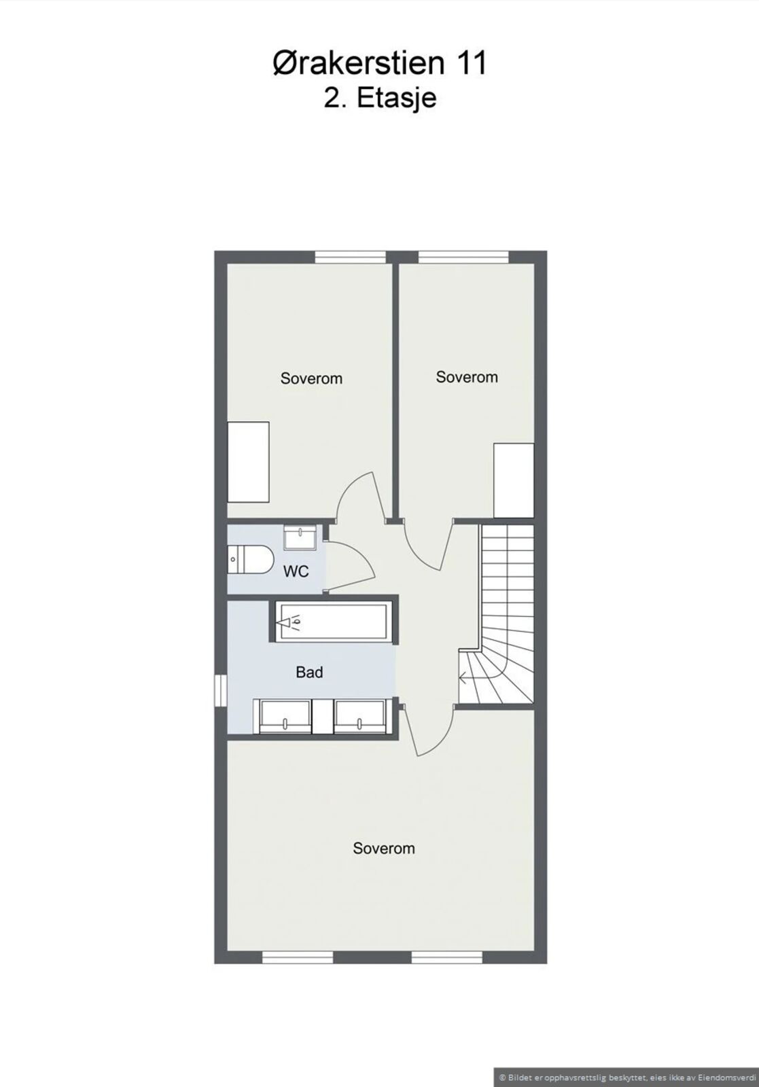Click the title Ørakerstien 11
click(x=379, y=64)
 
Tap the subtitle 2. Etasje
click(x=381, y=99)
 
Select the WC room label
click(x=296, y=571)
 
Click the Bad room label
click(x=310, y=672)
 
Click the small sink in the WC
click(x=300, y=537)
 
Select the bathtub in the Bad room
click(x=331, y=622)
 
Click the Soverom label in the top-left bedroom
click(x=312, y=378)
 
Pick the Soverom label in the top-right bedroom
click(x=467, y=377)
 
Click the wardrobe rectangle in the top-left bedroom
click(x=249, y=462)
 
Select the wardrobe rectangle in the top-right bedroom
click(x=514, y=480)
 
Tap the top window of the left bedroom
click(x=351, y=257)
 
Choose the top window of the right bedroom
click(x=463, y=257)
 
